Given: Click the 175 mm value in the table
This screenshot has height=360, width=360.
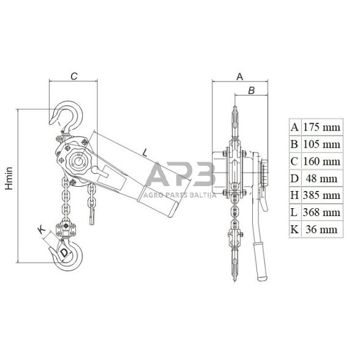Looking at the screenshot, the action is coord(321,127).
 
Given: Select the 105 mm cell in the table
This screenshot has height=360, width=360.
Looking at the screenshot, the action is coord(321,144).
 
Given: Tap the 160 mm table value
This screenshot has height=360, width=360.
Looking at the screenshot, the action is coord(321,162).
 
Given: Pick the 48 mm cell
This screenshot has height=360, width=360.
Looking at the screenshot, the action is coord(321,178).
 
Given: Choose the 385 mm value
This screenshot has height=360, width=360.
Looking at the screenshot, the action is coord(321,195).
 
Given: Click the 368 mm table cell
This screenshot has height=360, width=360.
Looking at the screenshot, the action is coord(321,212).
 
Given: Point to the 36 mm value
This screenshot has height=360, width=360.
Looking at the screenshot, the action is coord(321,230).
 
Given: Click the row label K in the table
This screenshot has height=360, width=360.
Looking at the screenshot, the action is coord(294,230).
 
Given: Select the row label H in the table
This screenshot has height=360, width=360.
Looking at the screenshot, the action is coord(294,195).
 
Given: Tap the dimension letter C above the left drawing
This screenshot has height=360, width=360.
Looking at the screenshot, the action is coord(74,76).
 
